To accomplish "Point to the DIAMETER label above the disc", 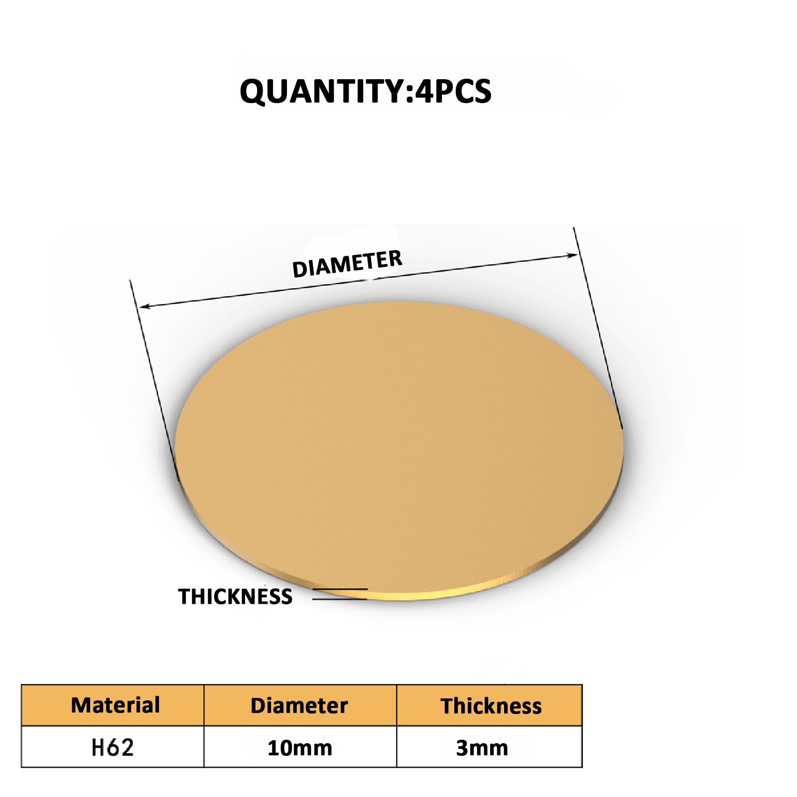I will (x=347, y=264).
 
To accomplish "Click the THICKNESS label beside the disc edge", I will (x=235, y=596).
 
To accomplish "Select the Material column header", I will (x=115, y=705).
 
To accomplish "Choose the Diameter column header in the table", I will (x=299, y=705).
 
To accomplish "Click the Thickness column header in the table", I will (x=491, y=706).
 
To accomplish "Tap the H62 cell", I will (x=113, y=748).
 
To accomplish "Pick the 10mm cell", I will (x=299, y=748).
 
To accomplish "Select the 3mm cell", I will (x=482, y=748).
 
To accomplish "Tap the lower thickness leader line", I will (x=339, y=599).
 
